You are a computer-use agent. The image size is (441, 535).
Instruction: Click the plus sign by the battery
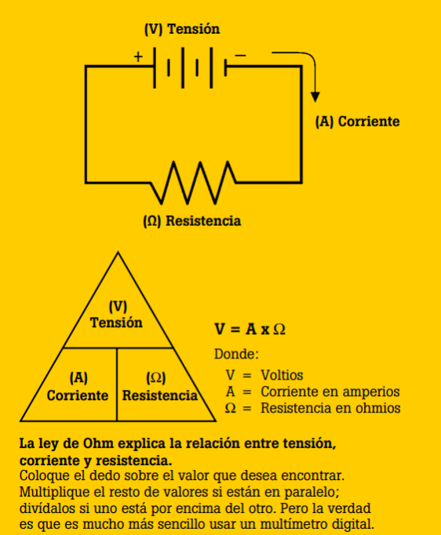click(x=138, y=56)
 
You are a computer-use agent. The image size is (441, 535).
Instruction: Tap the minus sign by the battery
click(x=240, y=55)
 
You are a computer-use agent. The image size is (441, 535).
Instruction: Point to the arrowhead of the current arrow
click(x=315, y=97)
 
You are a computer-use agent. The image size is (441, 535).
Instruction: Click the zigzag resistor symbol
click(x=193, y=183)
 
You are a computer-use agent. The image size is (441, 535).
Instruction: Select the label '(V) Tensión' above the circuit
click(x=182, y=29)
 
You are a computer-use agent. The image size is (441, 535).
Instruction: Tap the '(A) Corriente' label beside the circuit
click(x=357, y=122)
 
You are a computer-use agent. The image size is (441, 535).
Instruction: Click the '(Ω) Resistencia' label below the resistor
click(x=192, y=220)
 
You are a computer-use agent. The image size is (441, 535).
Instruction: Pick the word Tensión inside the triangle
click(x=116, y=322)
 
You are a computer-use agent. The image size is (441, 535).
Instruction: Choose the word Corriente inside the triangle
click(x=78, y=395)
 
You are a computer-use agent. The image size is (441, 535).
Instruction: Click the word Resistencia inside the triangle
click(x=160, y=395)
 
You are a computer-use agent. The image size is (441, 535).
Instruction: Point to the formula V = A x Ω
click(x=250, y=329)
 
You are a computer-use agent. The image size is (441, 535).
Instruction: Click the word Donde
click(x=236, y=354)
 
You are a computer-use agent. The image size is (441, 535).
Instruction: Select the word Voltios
click(x=282, y=375)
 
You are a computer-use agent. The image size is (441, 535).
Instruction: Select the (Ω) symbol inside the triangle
click(x=156, y=377)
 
